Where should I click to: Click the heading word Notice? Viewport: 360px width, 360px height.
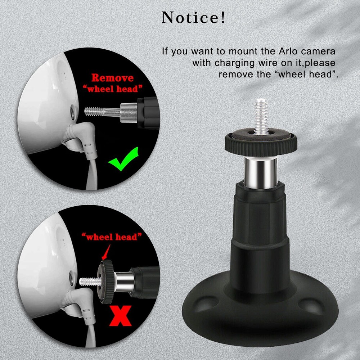click(x=194, y=18)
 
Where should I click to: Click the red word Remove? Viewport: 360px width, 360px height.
click(x=112, y=78)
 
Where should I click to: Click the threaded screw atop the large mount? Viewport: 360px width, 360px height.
click(x=261, y=114)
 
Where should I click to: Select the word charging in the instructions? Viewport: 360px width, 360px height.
click(x=238, y=63)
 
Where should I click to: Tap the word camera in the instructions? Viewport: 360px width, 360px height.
click(x=321, y=51)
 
